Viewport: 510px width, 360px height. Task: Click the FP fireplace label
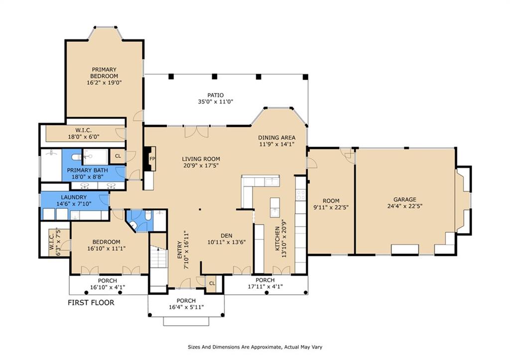click(x=152, y=159)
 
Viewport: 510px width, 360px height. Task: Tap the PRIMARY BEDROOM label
click(x=104, y=73)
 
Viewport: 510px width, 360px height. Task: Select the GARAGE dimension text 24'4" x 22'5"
click(x=405, y=206)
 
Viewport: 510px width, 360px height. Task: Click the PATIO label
click(x=216, y=95)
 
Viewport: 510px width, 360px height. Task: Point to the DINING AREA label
click(x=277, y=137)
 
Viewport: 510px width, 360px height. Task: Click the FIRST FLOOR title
click(x=91, y=303)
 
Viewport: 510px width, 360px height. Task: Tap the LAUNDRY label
click(x=74, y=197)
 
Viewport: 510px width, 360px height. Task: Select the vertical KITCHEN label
click(x=277, y=239)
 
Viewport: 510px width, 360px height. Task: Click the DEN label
click(x=227, y=236)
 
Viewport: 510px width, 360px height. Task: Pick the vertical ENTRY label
click(x=179, y=250)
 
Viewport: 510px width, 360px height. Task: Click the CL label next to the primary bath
click(x=118, y=156)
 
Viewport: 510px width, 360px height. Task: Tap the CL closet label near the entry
click(x=212, y=284)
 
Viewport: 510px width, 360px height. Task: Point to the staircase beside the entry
click(x=158, y=263)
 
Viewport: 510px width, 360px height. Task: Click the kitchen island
click(x=275, y=208)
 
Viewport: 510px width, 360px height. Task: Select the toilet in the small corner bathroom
click(x=148, y=216)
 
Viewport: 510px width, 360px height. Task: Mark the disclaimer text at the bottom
click(x=255, y=347)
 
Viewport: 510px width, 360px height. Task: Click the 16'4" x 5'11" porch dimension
click(x=186, y=307)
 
